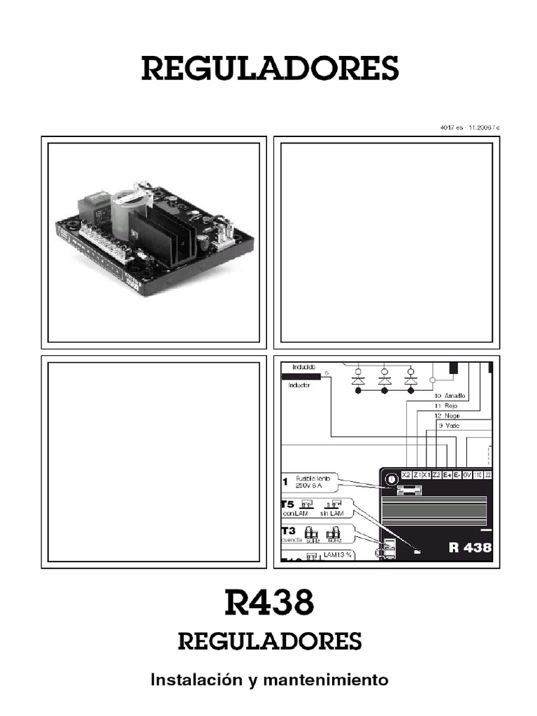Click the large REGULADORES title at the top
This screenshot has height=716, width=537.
click(x=270, y=69)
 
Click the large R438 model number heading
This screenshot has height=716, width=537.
click(x=269, y=602)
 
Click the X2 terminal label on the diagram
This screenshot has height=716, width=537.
click(x=406, y=475)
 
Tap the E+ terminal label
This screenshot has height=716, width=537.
click(x=446, y=475)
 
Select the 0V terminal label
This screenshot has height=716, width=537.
click(x=466, y=475)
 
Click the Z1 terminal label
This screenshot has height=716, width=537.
click(x=417, y=475)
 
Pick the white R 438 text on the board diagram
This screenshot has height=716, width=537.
click(x=470, y=547)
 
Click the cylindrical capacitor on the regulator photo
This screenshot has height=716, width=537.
click(x=129, y=210)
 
